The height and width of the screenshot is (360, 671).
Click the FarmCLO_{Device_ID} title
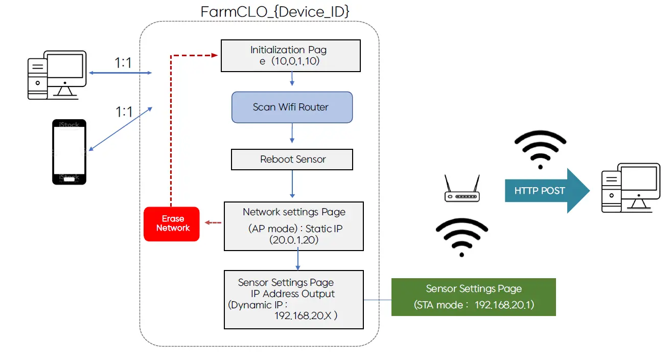point(275,11)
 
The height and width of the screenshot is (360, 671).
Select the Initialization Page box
point(290,55)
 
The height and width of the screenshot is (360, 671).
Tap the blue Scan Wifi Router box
point(292,107)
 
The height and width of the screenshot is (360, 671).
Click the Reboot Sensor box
point(292,160)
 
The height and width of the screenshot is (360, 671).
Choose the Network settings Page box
point(293,226)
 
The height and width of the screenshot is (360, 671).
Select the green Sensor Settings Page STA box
point(473,297)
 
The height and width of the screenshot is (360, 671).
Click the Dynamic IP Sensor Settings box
point(293,300)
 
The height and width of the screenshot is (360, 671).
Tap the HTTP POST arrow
point(546,191)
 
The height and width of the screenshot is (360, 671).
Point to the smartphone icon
point(69,152)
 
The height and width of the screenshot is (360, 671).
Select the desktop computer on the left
point(56,74)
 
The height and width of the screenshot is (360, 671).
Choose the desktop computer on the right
point(631,188)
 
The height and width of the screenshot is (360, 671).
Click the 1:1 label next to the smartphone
point(124,111)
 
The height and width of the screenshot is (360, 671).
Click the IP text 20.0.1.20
point(293,240)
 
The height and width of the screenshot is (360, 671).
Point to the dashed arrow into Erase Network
point(213,222)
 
